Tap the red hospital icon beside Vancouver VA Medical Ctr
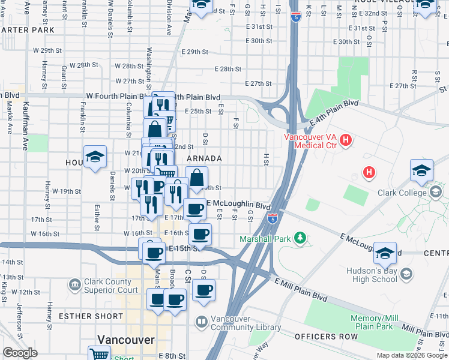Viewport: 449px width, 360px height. [x=346, y=140]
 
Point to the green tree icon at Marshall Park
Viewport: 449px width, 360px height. [x=301, y=239]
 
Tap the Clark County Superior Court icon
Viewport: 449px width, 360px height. [x=75, y=283]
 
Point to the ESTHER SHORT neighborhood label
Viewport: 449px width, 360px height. [x=83, y=316]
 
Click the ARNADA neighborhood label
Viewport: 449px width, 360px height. [x=204, y=158]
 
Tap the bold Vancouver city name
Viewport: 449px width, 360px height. [x=127, y=340]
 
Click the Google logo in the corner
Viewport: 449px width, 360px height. [x=20, y=353]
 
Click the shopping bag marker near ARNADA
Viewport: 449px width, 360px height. [x=196, y=179]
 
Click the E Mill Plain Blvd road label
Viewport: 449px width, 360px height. [x=301, y=289]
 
